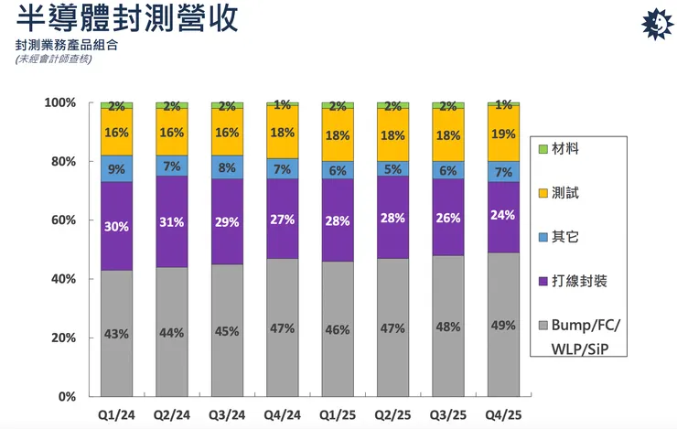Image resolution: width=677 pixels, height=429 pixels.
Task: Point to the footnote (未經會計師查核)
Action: click(x=54, y=59)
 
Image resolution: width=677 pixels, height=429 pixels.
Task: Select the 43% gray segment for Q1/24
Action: click(x=117, y=333)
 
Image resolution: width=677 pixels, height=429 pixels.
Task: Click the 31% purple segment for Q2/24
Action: click(x=172, y=221)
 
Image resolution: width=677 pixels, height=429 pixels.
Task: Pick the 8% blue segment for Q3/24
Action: click(x=227, y=167)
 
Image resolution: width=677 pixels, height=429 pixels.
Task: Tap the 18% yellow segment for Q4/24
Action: click(x=282, y=133)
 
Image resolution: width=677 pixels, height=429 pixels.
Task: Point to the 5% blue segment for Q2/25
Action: click(x=392, y=168)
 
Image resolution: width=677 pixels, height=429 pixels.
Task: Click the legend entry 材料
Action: click(x=565, y=148)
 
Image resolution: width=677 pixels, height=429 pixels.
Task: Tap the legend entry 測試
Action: click(x=565, y=192)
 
